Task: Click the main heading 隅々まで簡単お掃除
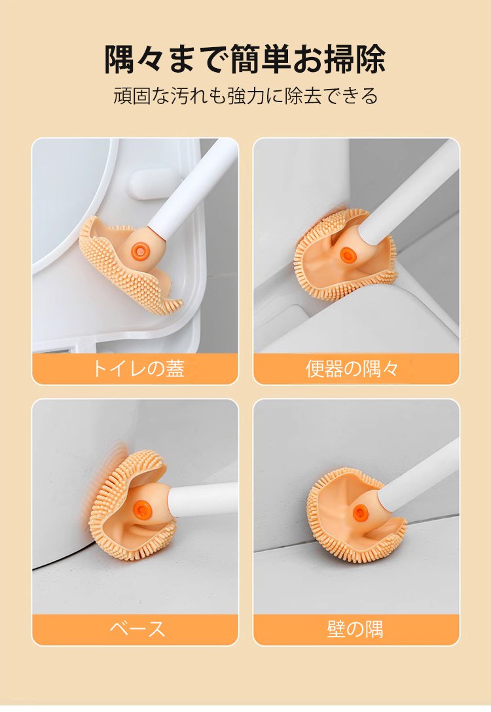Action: click(245, 59)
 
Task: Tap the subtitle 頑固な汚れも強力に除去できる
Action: click(245, 96)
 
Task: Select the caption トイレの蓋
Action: click(137, 368)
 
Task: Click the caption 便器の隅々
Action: click(352, 368)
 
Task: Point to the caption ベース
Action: click(137, 629)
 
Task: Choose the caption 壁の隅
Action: click(355, 629)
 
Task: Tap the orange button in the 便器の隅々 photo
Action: click(348, 255)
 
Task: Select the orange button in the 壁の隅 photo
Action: click(360, 513)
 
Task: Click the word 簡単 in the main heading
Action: click(261, 59)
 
